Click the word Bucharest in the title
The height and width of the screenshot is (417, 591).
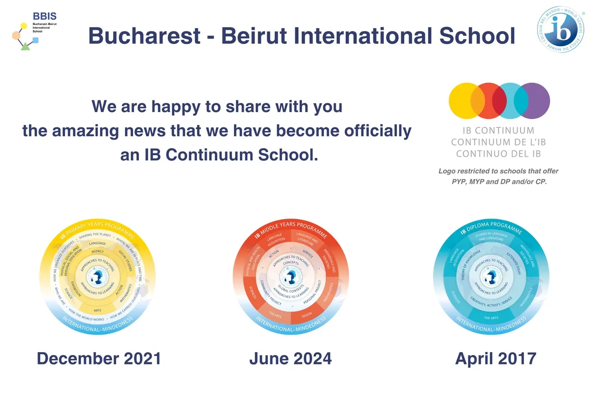145,36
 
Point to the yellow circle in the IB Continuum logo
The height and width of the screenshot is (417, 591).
465,100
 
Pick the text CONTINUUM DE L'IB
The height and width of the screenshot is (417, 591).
498,142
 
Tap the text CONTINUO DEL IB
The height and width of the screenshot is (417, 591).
498,153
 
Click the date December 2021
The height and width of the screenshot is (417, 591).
99,358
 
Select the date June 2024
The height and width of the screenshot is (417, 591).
290,358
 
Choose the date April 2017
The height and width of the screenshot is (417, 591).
495,358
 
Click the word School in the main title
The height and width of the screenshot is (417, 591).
478,36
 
